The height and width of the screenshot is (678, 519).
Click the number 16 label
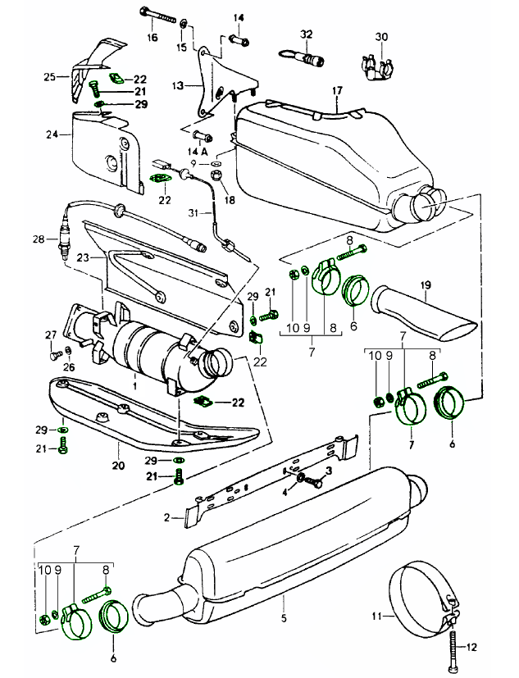click(153, 37)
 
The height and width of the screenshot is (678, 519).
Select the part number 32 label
click(306, 34)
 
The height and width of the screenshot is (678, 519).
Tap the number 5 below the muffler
click(286, 620)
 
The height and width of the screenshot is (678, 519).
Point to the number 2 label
click(166, 518)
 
